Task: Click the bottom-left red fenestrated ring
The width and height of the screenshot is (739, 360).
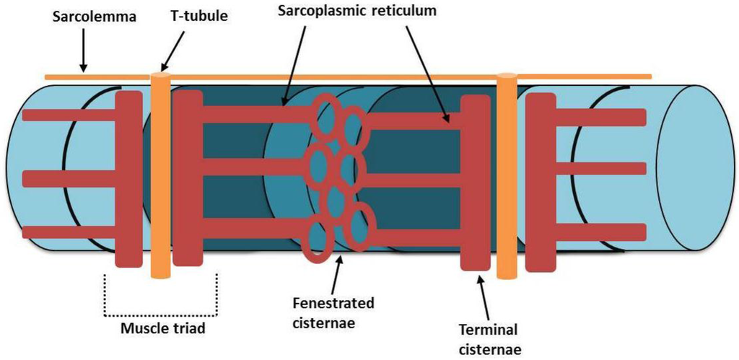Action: [x=319, y=242]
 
